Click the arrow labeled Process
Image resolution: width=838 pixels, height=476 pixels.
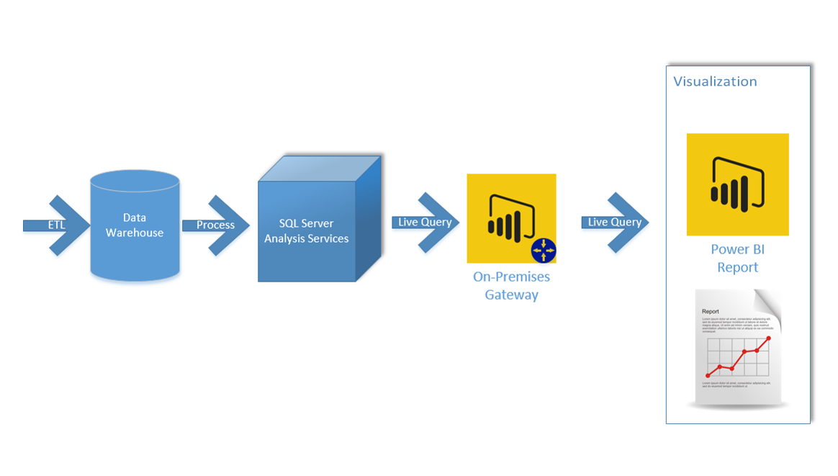click(x=216, y=225)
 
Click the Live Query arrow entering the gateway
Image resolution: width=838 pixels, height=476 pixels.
click(x=425, y=222)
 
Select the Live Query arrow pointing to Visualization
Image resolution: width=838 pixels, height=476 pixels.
click(x=615, y=222)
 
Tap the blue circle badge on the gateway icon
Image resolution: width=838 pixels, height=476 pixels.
click(x=544, y=251)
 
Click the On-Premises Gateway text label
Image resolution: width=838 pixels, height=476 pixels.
click(x=511, y=286)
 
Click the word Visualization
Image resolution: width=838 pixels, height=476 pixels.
click(x=715, y=81)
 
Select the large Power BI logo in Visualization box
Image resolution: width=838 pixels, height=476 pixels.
click(x=737, y=184)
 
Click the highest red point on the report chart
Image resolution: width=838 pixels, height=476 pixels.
click(x=769, y=338)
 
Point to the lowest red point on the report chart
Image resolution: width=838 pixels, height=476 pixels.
click(x=708, y=375)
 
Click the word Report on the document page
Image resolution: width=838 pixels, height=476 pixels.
click(x=710, y=312)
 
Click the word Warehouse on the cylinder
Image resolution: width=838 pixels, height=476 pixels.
click(x=135, y=233)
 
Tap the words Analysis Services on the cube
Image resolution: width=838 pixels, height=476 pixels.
click(x=307, y=238)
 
